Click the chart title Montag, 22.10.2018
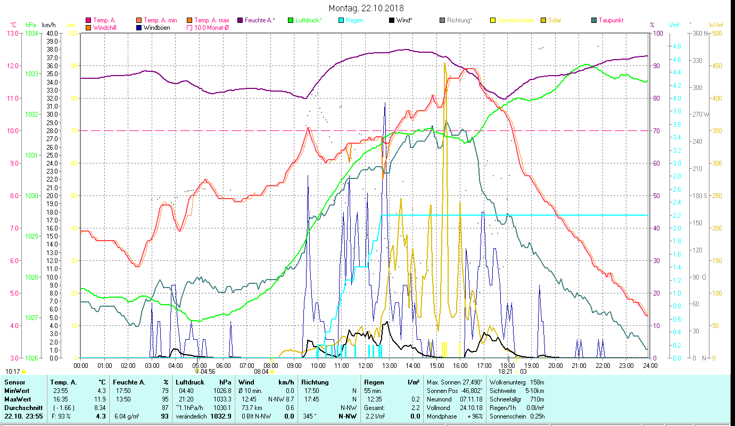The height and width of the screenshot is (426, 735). [x=366, y=8]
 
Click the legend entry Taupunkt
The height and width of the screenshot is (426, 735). [x=610, y=20]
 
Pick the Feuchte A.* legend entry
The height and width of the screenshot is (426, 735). [x=260, y=20]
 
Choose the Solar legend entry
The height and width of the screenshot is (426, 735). [x=554, y=20]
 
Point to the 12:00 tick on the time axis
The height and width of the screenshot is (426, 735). [x=366, y=365]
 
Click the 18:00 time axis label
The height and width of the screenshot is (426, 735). [x=508, y=365]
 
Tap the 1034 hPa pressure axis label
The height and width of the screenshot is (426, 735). [x=31, y=34]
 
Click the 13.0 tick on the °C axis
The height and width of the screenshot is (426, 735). [x=12, y=34]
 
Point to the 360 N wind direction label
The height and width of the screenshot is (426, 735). [x=699, y=34]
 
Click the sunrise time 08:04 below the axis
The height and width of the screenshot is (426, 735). [x=261, y=372]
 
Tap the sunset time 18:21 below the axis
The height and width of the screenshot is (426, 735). [x=505, y=372]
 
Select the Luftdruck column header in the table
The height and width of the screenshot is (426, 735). [x=190, y=382]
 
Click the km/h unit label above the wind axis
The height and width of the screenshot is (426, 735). [x=48, y=24]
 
